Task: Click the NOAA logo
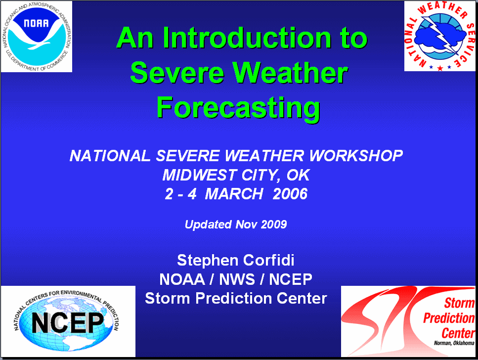tap(36, 36)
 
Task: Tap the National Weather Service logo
tap(440, 36)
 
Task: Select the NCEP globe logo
tap(68, 321)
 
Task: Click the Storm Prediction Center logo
tap(408, 321)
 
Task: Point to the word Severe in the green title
tap(177, 73)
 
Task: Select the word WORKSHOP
tap(356, 156)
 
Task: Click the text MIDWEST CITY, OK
tap(236, 175)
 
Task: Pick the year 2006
tap(290, 194)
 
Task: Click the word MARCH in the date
tap(234, 194)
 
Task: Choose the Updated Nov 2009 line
tap(236, 225)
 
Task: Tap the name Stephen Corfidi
tap(236, 260)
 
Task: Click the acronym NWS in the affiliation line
tap(237, 279)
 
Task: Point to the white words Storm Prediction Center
tap(236, 298)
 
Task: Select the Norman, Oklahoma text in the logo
tap(454, 343)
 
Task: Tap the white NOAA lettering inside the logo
tap(36, 23)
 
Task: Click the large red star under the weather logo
tap(440, 68)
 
